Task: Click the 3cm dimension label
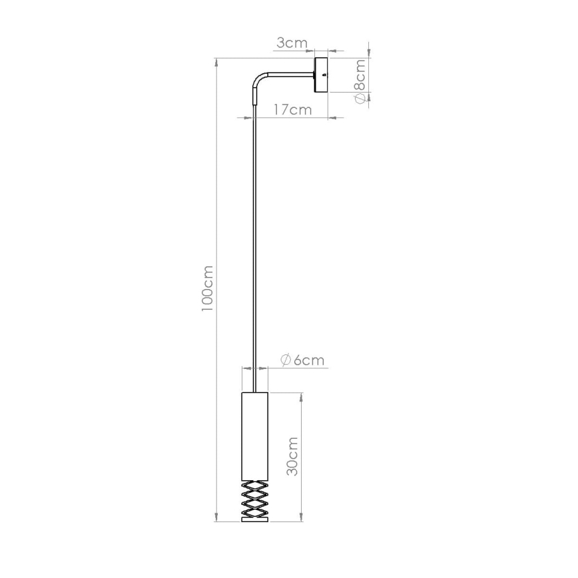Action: (292, 43)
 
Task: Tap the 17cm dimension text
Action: (293, 110)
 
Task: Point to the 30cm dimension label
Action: (292, 456)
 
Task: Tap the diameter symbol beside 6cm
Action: (284, 360)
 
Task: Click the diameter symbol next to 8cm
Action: (359, 98)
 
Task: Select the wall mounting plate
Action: (322, 75)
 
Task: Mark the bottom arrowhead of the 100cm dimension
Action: (216, 519)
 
